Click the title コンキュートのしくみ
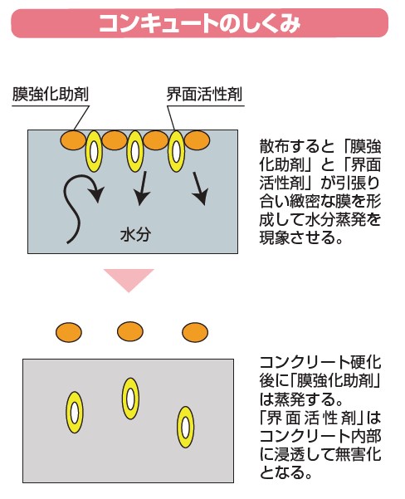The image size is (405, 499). click(199, 23)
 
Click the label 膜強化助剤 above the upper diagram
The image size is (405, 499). click(51, 94)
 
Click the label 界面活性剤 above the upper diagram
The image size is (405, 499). click(204, 94)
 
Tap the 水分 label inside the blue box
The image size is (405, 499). click(135, 235)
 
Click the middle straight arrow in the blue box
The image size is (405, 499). click(142, 188)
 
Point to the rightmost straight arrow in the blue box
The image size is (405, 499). click(201, 188)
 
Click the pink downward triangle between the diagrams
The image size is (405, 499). click(129, 277)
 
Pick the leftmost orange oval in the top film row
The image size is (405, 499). click(73, 140)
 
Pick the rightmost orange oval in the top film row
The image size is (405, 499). click(197, 140)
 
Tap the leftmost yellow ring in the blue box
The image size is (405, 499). click(94, 151)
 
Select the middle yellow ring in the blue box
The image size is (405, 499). click(135, 151)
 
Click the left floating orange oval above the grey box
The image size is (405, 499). click(69, 332)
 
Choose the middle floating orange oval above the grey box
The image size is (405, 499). click(130, 331)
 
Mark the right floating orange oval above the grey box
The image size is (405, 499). click(195, 332)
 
